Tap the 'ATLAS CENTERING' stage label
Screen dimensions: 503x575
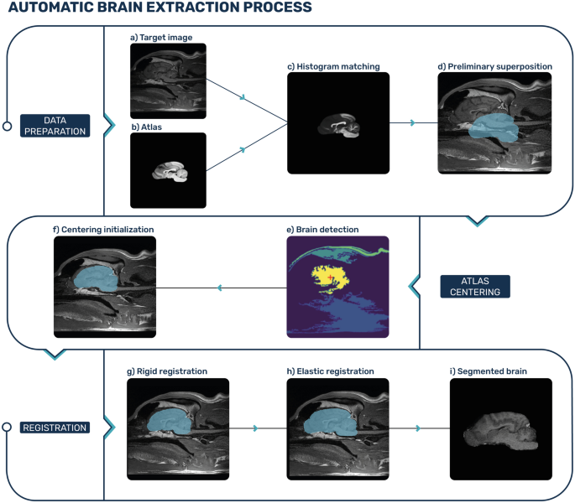coord(476,286)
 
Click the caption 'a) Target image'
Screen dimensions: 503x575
coord(162,38)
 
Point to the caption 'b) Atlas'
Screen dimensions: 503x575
coord(148,127)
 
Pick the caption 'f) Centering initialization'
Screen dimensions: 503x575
coord(104,228)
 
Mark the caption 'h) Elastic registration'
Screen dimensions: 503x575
coord(330,371)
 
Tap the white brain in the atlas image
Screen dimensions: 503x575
coord(171,170)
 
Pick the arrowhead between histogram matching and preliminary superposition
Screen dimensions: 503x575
coord(412,122)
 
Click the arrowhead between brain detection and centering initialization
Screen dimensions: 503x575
coord(220,288)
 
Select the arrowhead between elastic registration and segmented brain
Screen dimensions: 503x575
coord(417,428)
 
